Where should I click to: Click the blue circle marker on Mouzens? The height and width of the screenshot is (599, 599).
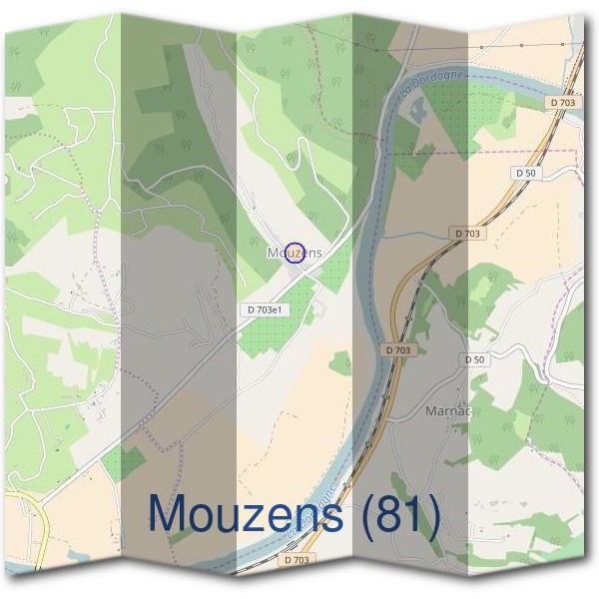coord(294,253)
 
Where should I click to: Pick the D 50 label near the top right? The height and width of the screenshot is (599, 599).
coord(526,173)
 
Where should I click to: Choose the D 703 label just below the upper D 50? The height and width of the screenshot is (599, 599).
coord(467,233)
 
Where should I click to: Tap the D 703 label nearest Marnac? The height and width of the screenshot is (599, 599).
coord(397,349)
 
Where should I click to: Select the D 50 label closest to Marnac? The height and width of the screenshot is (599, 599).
coord(474,358)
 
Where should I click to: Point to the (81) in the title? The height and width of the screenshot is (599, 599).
coord(401,515)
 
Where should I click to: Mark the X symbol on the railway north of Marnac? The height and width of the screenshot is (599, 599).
coord(419,284)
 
